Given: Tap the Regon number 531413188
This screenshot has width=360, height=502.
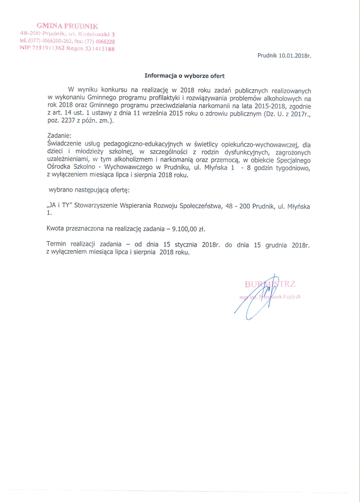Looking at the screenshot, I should pyautogui.click(x=102, y=49).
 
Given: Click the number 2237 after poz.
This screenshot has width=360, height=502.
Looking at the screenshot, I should pyautogui.click(x=69, y=120).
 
